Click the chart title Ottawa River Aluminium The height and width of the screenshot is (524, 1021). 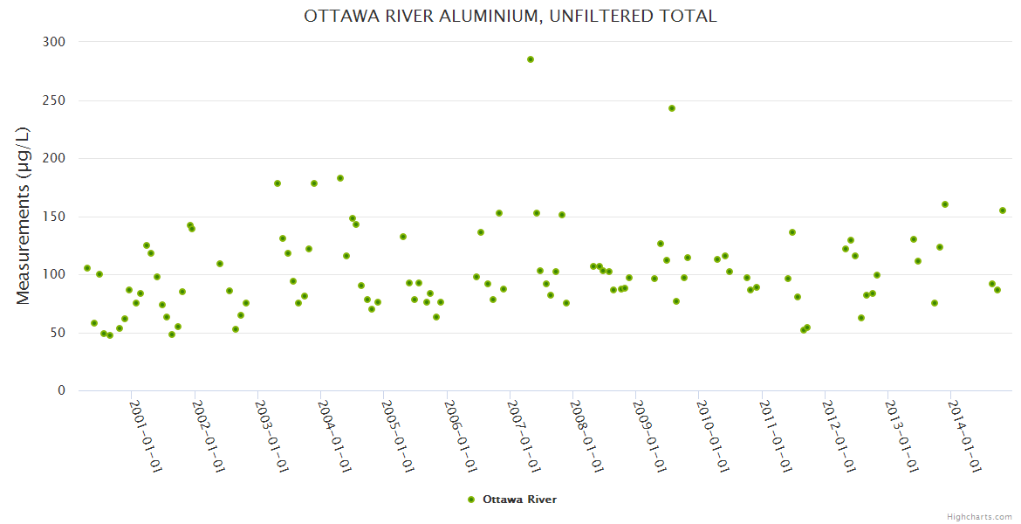(510, 17)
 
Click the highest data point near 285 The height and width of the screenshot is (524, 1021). (530, 59)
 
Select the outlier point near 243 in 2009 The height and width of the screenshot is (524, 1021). (672, 108)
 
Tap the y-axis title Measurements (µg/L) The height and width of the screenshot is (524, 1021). (24, 216)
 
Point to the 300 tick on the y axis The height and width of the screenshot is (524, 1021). (55, 42)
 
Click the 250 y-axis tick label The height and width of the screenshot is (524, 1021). (55, 100)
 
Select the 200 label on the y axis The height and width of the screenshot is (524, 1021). (55, 158)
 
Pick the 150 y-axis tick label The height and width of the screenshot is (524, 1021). (55, 217)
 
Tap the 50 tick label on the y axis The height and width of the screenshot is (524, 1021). (58, 333)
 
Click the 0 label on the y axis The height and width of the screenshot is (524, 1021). (61, 390)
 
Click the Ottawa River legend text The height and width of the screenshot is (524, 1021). (519, 500)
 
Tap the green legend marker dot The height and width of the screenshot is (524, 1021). (471, 500)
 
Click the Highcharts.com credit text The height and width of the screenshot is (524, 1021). (979, 516)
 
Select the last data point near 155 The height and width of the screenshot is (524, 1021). (1003, 210)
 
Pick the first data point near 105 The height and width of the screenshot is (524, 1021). (87, 268)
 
